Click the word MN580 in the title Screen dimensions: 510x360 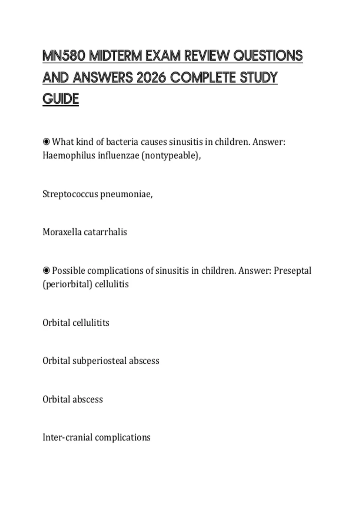(x=64, y=56)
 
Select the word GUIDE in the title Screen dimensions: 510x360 (x=61, y=99)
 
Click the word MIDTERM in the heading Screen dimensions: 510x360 (x=115, y=56)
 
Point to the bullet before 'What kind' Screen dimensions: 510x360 (x=46, y=141)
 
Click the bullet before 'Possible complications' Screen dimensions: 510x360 (x=46, y=270)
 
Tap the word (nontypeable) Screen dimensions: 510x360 (x=171, y=155)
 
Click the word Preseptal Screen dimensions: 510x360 (x=292, y=270)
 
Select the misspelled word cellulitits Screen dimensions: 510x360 (x=91, y=323)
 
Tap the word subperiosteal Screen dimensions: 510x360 (x=100, y=361)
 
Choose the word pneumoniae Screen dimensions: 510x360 (x=126, y=194)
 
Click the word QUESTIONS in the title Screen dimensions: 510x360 (x=268, y=56)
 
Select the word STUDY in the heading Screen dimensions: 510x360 (x=259, y=78)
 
